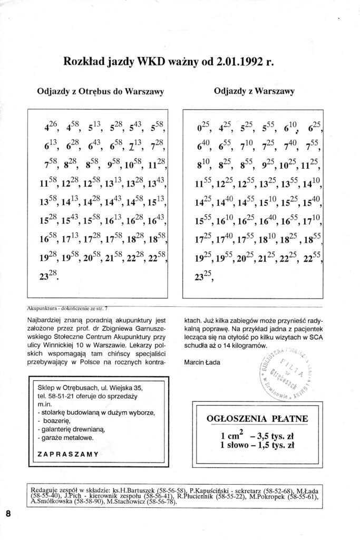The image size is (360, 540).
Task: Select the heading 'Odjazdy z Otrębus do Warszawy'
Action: point(100,91)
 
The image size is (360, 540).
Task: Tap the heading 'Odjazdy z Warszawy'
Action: point(254,91)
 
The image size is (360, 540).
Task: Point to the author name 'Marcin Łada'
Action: point(203,363)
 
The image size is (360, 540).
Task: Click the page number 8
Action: point(8,514)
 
